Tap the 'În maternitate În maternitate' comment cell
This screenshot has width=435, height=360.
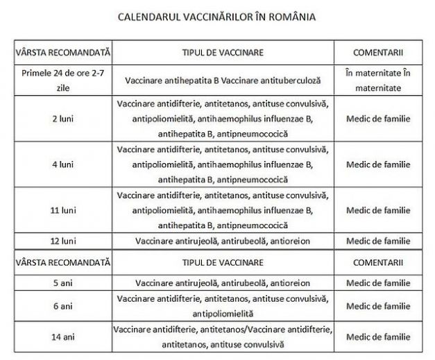[x=377, y=80]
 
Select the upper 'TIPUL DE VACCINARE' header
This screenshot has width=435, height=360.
[x=222, y=53]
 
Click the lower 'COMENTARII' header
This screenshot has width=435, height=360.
[x=377, y=264]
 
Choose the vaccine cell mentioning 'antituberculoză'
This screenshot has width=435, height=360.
[x=222, y=80]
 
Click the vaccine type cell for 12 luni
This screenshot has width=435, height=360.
[x=222, y=241]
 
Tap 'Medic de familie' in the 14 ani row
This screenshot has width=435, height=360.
[x=377, y=336]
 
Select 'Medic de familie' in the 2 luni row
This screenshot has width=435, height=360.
[x=377, y=119]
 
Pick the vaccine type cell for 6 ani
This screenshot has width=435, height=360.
[x=222, y=306]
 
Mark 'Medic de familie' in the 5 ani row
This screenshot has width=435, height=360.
[x=377, y=283]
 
